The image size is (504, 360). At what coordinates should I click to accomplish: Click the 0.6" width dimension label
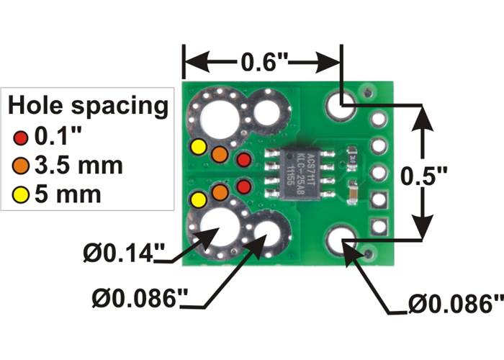point(265,63)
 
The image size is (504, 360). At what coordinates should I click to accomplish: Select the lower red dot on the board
point(244,187)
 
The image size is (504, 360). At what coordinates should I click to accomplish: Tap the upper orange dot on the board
point(220,154)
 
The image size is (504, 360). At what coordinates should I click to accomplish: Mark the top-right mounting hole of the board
point(339,106)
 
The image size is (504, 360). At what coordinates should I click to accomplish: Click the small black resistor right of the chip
point(351,153)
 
